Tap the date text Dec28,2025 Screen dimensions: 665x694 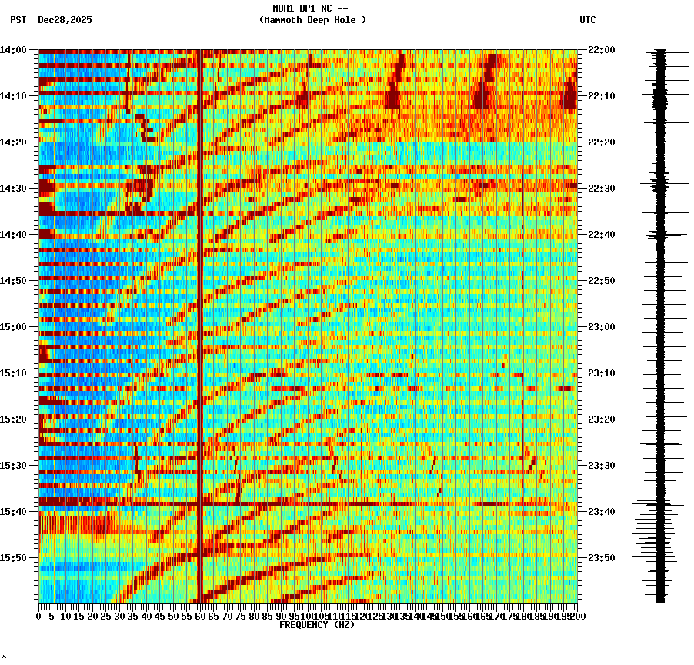click(65, 20)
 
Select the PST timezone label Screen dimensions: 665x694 click(18, 20)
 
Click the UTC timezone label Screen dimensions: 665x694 click(587, 20)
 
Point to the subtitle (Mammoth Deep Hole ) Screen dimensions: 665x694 click(312, 20)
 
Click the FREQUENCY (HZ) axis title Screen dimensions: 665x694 click(316, 625)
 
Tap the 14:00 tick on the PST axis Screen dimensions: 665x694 click(13, 50)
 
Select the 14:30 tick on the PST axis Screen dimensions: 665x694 click(13, 189)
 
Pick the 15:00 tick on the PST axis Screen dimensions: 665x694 click(13, 327)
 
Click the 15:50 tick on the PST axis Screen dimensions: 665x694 click(13, 558)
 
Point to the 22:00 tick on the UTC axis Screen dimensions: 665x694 click(601, 50)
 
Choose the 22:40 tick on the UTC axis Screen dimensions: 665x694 click(601, 235)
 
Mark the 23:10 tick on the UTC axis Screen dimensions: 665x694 click(601, 373)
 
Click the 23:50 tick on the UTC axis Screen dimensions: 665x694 click(601, 558)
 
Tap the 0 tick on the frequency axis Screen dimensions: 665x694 click(39, 616)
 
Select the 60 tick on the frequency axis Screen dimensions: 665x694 click(201, 616)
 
